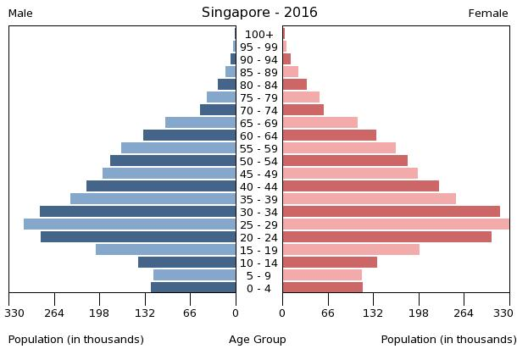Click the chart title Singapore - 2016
point(259,13)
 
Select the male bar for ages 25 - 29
point(130,224)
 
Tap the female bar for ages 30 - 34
point(391,212)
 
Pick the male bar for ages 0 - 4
point(193,288)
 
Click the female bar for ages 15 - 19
point(351,250)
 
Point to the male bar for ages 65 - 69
point(201,123)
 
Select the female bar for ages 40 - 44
point(360,186)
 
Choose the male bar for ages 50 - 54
point(173,161)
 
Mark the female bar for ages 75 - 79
point(301,97)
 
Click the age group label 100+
point(258,35)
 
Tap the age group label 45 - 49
point(258,174)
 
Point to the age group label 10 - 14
point(258,263)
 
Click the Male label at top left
point(20,14)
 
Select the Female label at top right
point(488,14)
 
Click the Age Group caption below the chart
point(258,340)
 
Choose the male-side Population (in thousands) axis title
point(76,340)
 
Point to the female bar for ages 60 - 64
point(329,136)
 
